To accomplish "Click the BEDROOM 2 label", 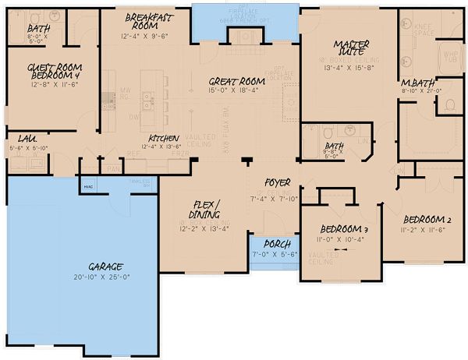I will tap(424, 221).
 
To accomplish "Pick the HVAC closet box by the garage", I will tap(87, 186).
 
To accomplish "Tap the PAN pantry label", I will tap(114, 167).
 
